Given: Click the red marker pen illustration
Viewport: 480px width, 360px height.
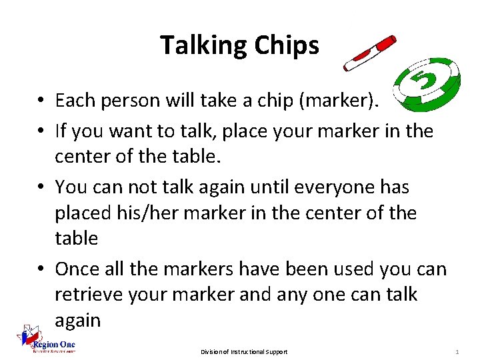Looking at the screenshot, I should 369,53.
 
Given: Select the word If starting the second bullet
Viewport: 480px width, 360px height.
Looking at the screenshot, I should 61,131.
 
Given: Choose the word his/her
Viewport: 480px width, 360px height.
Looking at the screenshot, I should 147,213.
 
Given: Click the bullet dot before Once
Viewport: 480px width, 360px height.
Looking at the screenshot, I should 41,269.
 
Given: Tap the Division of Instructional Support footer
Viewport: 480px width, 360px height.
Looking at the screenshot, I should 244,351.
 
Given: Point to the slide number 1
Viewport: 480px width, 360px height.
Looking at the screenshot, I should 457,351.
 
